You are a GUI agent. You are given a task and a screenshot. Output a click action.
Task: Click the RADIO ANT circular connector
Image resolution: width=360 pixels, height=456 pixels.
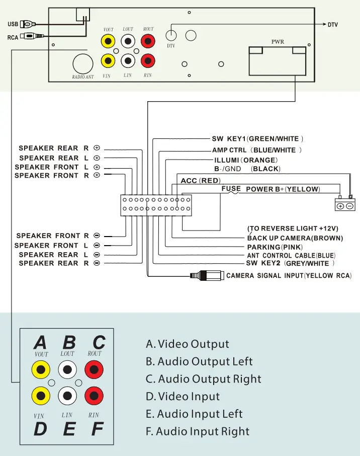[x=83, y=63]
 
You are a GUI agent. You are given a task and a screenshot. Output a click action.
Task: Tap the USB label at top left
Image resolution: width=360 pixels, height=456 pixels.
[x=13, y=24]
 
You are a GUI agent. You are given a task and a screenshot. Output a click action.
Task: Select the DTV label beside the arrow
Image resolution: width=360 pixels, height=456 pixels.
[x=332, y=24]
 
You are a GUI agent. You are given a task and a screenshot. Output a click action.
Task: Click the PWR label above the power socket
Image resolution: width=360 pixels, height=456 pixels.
[x=278, y=42]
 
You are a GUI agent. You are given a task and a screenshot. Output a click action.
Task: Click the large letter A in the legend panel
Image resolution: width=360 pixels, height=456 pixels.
[x=40, y=343]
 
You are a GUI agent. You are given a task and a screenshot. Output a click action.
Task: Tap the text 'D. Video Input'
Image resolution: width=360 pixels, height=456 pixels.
[x=183, y=397]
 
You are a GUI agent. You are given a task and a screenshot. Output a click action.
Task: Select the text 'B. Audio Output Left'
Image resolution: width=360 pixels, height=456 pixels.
[x=199, y=362]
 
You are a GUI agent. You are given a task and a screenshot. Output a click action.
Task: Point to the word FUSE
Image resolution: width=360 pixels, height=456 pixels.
[x=231, y=189]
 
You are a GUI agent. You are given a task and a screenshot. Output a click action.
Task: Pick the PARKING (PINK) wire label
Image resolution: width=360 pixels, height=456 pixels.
[x=274, y=247]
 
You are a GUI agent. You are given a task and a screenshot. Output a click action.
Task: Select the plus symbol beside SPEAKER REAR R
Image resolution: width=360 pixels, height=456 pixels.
[x=97, y=148]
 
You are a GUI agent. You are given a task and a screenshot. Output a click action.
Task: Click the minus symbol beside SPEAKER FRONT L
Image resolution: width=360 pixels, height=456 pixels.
[x=97, y=246]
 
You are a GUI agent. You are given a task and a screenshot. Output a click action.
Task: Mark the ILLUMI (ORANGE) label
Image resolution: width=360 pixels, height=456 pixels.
[x=246, y=160]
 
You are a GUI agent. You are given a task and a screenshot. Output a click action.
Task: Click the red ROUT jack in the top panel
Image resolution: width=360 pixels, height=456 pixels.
[x=148, y=40]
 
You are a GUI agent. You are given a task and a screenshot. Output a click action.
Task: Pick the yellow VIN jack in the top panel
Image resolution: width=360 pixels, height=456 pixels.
[x=107, y=61]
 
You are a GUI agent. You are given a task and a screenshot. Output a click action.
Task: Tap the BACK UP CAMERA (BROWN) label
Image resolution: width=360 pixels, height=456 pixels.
[x=295, y=238]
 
